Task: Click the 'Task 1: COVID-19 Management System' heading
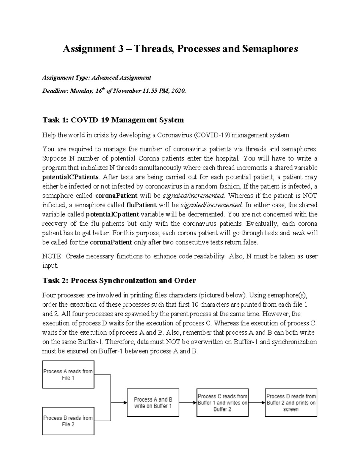point(113,120)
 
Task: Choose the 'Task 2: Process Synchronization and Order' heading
point(119,281)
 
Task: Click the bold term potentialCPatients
point(70,177)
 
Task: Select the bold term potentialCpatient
point(112,215)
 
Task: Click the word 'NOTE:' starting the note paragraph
point(52,256)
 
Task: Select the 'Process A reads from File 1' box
point(68,374)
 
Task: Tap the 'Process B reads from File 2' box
point(68,421)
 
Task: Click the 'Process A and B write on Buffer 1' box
point(153,403)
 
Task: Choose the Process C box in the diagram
point(222,403)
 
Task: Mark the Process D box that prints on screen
point(291,403)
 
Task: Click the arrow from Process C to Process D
point(257,403)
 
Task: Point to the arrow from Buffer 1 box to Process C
point(188,403)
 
